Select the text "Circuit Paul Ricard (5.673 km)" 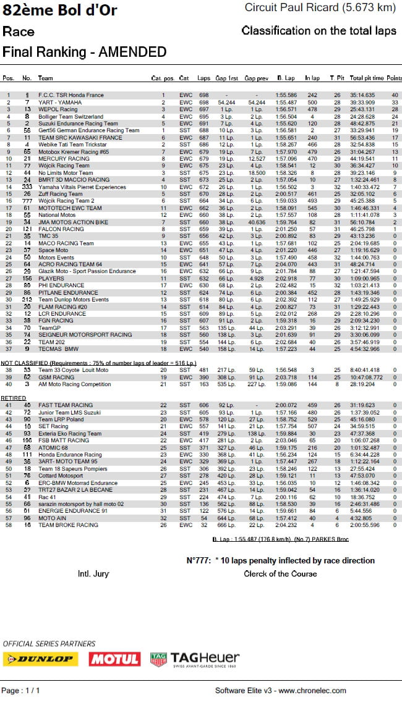(x=320, y=8)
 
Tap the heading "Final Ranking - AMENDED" (x=84, y=52)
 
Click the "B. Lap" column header (x=286, y=78)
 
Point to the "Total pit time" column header (x=366, y=78)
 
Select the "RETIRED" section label (x=14, y=397)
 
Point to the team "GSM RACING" (x=56, y=377)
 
